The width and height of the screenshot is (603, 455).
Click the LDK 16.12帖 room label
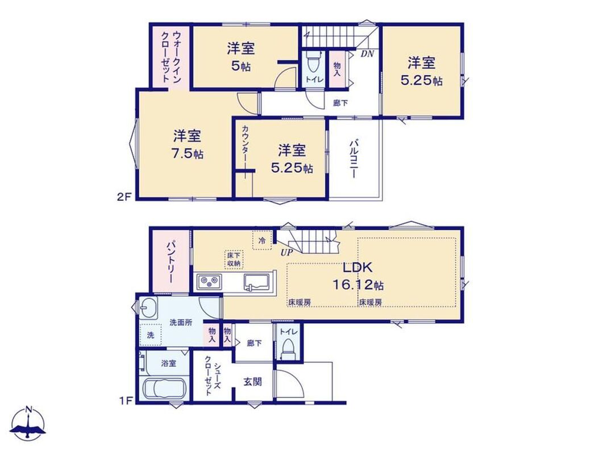(x=357, y=276)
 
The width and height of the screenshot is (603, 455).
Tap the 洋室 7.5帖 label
(x=188, y=144)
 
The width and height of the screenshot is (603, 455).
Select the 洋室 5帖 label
(x=241, y=57)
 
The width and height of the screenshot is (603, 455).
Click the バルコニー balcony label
(x=353, y=159)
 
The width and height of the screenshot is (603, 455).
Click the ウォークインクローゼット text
(x=170, y=56)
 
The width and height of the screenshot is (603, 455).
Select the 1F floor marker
(x=126, y=400)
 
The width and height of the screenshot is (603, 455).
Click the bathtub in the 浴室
(x=164, y=389)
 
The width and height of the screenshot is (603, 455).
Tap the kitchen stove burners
(x=209, y=282)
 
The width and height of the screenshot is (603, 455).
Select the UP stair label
(x=286, y=253)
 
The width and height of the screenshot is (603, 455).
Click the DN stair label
(x=367, y=54)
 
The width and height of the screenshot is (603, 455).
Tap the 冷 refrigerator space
(x=262, y=240)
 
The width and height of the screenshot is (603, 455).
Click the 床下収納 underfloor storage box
(x=234, y=260)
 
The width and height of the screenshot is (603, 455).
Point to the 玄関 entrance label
(x=253, y=382)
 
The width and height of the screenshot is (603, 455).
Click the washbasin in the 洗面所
(x=148, y=308)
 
